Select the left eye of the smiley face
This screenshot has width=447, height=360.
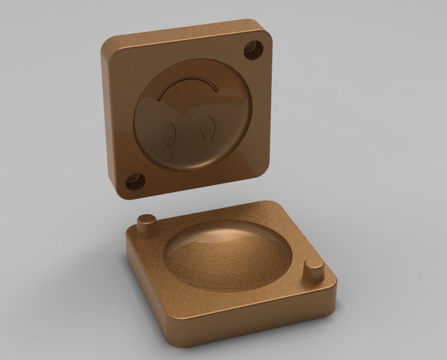(x=170, y=133)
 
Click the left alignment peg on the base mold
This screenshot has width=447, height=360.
(x=145, y=223)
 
